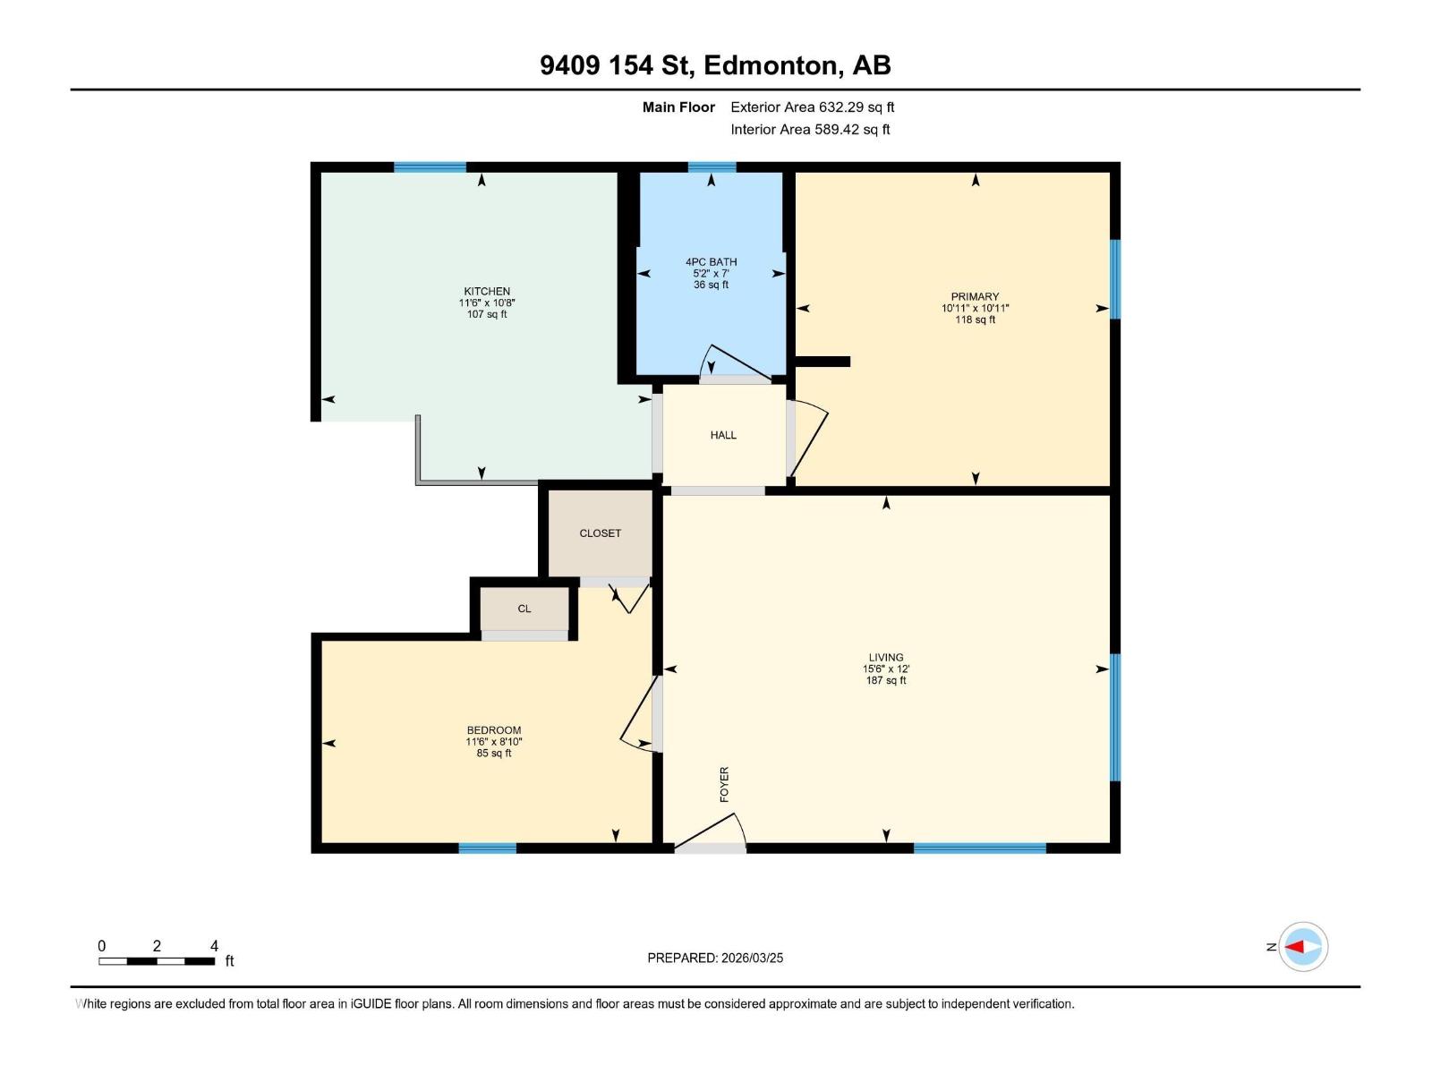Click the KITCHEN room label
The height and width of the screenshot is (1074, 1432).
pyautogui.click(x=487, y=292)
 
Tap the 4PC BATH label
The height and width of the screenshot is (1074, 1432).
pyautogui.click(x=712, y=262)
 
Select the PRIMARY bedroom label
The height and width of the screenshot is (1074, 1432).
pyautogui.click(x=975, y=297)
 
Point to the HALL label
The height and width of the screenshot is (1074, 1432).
pyautogui.click(x=723, y=435)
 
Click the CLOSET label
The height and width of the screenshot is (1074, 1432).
pyautogui.click(x=600, y=533)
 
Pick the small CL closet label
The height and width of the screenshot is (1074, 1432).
pyautogui.click(x=524, y=609)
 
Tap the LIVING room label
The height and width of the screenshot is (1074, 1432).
pyautogui.click(x=886, y=658)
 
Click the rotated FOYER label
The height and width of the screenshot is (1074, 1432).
pyautogui.click(x=724, y=784)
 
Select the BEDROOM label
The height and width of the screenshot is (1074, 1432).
pyautogui.click(x=494, y=730)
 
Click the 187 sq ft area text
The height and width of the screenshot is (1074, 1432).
pyautogui.click(x=886, y=681)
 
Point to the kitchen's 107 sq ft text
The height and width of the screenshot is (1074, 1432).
pyautogui.click(x=487, y=315)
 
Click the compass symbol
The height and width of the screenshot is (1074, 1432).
pyautogui.click(x=1302, y=947)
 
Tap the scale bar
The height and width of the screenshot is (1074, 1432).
pyautogui.click(x=157, y=961)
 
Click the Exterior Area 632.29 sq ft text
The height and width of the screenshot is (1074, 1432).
pyautogui.click(x=812, y=107)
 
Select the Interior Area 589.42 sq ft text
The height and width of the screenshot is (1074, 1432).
pyautogui.click(x=810, y=130)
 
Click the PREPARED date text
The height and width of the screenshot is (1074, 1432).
pyautogui.click(x=715, y=958)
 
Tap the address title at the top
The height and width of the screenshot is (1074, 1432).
pyautogui.click(x=715, y=65)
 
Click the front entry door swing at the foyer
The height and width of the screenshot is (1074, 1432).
pyautogui.click(x=712, y=833)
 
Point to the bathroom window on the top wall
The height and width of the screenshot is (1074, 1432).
pyautogui.click(x=712, y=167)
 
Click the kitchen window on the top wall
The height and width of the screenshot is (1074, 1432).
pyautogui.click(x=430, y=167)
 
